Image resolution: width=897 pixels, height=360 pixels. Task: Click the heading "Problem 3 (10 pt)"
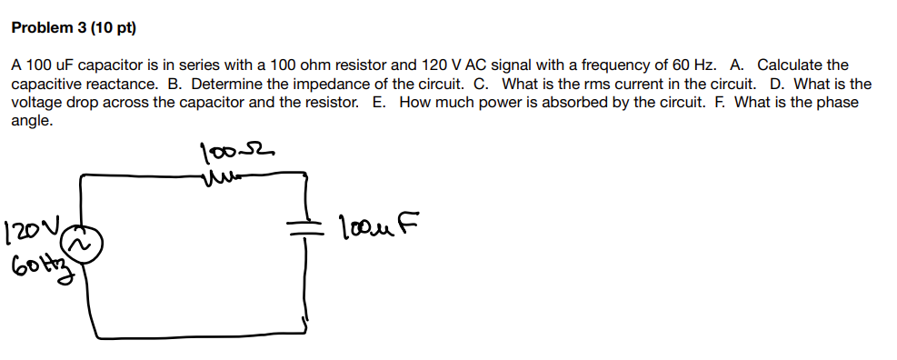point(73,28)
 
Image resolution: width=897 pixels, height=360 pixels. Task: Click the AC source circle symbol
point(81,245)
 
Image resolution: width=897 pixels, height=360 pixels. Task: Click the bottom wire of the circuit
point(195,333)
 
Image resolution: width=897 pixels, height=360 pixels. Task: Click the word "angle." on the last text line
point(32,120)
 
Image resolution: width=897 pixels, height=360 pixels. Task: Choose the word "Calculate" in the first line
point(802,65)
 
